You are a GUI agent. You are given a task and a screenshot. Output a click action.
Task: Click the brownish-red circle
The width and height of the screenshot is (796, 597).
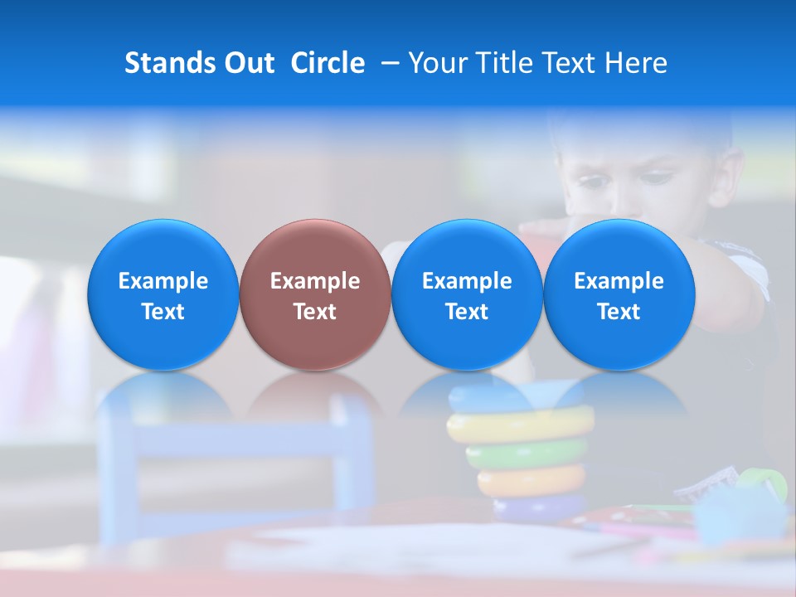coord(315,294)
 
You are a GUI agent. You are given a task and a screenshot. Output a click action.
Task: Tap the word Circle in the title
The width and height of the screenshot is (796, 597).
coord(328,63)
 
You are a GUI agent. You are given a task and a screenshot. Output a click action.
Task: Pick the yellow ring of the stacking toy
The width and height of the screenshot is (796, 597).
coord(521,425)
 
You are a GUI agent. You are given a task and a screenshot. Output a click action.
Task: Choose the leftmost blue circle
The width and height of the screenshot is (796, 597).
coord(163,294)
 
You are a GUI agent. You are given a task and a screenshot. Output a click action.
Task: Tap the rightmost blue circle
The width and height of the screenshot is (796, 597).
coord(619,294)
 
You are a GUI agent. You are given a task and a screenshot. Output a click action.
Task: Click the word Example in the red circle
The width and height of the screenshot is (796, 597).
coord(315,281)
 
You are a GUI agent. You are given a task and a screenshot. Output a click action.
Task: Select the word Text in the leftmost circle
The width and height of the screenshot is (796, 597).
coord(163,312)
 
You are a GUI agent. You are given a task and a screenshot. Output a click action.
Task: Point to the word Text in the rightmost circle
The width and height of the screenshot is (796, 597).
coord(619,312)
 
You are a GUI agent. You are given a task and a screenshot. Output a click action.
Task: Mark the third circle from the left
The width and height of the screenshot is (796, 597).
coord(467,294)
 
